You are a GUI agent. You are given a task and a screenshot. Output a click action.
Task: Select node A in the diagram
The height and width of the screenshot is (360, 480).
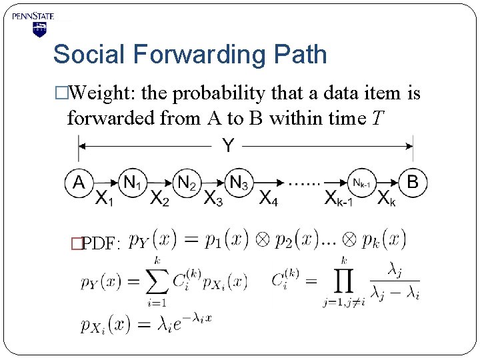pos(79,181)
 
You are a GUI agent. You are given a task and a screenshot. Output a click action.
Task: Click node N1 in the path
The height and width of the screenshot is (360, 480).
pos(133,181)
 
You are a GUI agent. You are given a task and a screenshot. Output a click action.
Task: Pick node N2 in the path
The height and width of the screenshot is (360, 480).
pos(187,181)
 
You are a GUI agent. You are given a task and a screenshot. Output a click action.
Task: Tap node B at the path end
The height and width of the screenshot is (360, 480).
pos(413,181)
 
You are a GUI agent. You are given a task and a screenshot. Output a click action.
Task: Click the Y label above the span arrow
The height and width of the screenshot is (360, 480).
pos(228,145)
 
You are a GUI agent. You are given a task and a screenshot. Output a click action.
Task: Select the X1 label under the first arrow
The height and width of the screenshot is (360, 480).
pos(104,198)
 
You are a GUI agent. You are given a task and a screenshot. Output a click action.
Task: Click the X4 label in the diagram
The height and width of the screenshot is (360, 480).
pos(268,198)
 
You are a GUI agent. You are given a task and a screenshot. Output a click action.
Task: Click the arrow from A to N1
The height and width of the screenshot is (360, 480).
pos(105,181)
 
